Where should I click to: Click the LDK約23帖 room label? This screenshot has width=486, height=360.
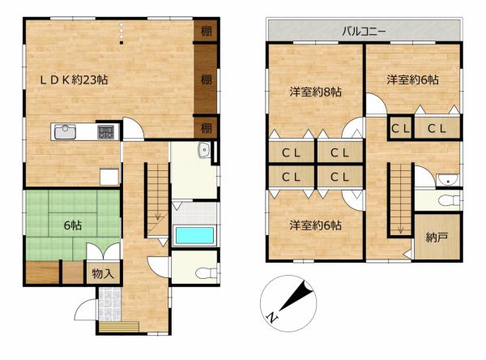coord(74,80)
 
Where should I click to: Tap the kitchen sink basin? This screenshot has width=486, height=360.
coord(65,132)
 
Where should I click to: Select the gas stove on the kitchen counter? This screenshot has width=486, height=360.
coord(105,132)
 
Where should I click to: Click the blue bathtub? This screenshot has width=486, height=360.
coord(194,236)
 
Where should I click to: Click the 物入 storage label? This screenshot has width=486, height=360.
coord(103,274)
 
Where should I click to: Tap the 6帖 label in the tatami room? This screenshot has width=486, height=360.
coord(73,225)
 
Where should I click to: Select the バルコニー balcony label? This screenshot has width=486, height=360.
coord(364,32)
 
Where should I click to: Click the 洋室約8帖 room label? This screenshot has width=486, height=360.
coord(316,92)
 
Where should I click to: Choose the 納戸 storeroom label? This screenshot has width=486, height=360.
coord(437,238)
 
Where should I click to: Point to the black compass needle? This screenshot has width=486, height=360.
coord(296,295)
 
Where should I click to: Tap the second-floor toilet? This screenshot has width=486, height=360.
coord(449,200)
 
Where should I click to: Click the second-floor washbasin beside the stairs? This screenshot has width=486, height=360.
coord(448,180)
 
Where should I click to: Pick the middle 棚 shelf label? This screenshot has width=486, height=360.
coord(206,79)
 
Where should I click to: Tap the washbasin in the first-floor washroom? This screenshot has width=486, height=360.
coord(204,151)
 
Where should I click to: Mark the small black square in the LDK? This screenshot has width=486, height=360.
coord(122,42)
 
